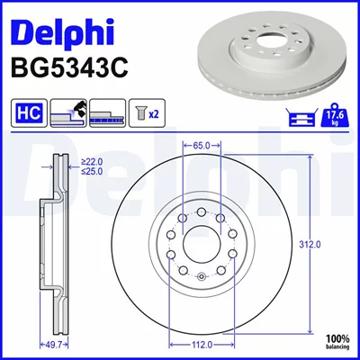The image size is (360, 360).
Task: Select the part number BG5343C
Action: (69, 67)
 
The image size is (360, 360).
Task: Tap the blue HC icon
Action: (29, 112)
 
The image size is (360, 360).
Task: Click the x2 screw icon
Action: (147, 112)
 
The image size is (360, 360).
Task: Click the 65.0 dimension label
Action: (202, 146)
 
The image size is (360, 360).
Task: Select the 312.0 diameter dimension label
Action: (310, 245)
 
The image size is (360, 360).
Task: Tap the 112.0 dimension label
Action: (202, 346)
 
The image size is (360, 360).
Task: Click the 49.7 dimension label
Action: (54, 346)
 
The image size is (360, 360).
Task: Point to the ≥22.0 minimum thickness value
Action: (92, 162)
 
